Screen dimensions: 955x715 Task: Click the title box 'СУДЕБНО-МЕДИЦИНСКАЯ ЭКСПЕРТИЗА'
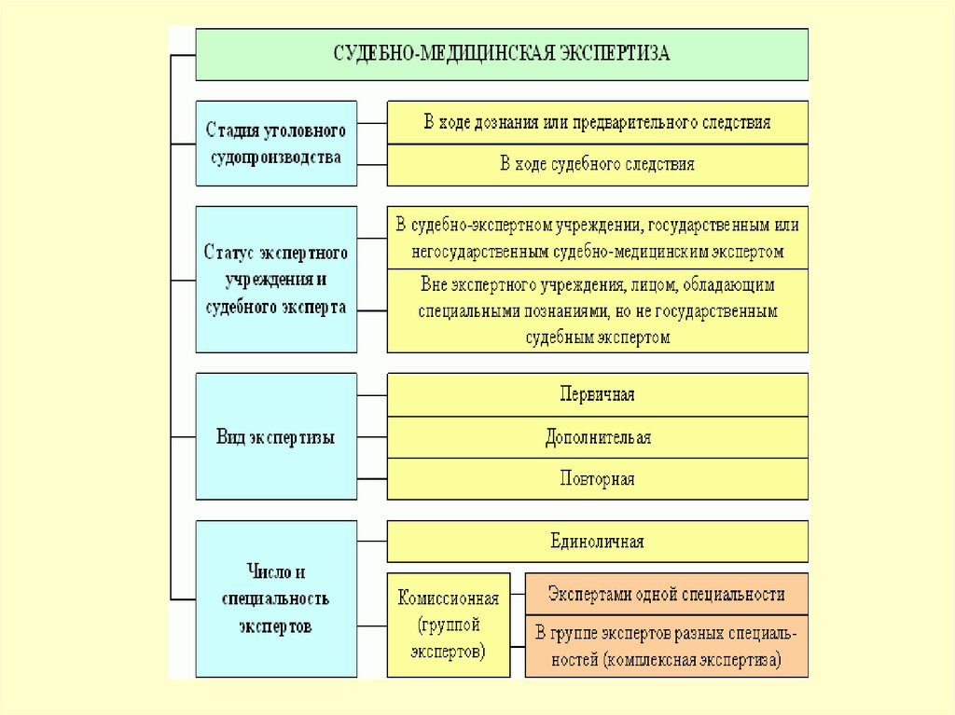pyautogui.click(x=502, y=54)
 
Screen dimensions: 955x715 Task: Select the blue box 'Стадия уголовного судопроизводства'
pyautogui.click(x=276, y=144)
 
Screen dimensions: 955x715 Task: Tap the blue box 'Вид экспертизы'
pyautogui.click(x=276, y=436)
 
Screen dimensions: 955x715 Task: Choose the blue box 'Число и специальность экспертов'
pyautogui.click(x=276, y=598)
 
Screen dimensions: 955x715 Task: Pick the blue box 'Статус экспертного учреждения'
pyautogui.click(x=276, y=280)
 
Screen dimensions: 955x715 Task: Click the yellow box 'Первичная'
pyautogui.click(x=598, y=394)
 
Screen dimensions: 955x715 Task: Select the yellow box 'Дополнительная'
pyautogui.click(x=598, y=437)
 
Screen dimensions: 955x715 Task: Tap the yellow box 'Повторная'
pyautogui.click(x=598, y=479)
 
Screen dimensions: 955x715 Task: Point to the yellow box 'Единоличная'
pyautogui.click(x=598, y=542)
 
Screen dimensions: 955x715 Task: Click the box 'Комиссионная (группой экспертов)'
pyautogui.click(x=449, y=625)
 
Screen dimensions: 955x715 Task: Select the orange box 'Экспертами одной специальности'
pyautogui.click(x=666, y=594)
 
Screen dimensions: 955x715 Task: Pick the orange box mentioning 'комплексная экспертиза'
pyautogui.click(x=666, y=646)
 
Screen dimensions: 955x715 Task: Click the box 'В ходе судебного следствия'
pyautogui.click(x=598, y=165)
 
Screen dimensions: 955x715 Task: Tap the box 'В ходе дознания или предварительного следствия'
pyautogui.click(x=598, y=122)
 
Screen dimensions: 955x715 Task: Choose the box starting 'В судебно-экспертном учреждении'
pyautogui.click(x=598, y=238)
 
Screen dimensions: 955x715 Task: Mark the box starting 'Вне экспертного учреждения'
pyautogui.click(x=598, y=311)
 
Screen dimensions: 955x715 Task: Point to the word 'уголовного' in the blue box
pyautogui.click(x=306, y=131)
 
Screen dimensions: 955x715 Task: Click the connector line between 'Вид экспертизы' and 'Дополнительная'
pyautogui.click(x=372, y=437)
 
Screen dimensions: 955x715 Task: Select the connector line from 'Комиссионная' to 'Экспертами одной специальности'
pyautogui.click(x=518, y=594)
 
